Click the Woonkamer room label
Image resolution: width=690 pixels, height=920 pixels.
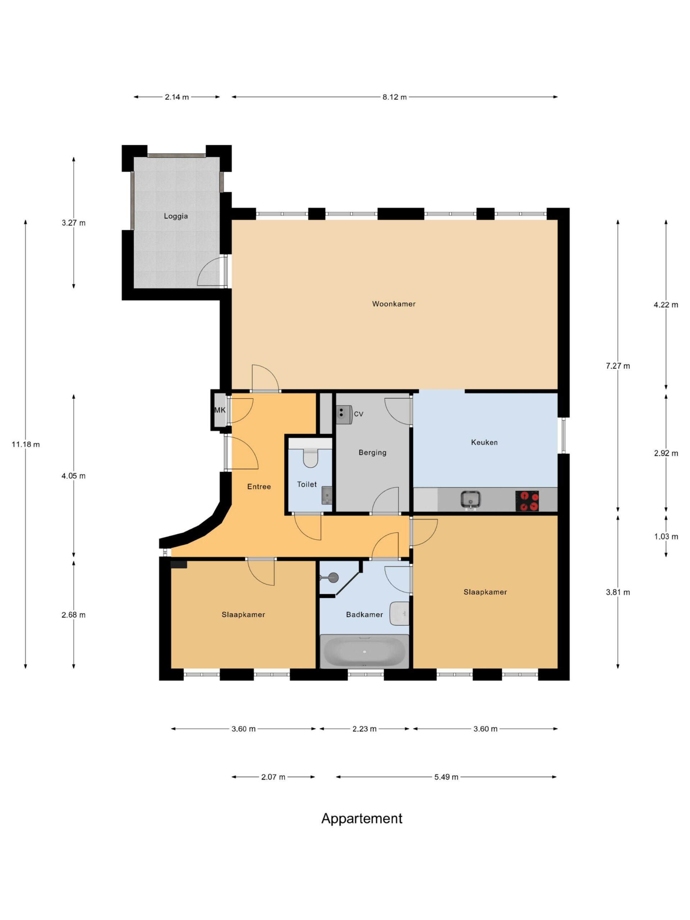point(394,304)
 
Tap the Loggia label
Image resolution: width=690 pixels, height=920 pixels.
point(175,216)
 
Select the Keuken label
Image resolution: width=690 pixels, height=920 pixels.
point(484,442)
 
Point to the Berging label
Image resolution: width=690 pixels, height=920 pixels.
point(372,452)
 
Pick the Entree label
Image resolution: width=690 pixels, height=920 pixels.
point(259,487)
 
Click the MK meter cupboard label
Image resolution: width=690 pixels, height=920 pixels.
point(220,410)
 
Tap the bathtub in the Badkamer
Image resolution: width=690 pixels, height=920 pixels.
point(364,651)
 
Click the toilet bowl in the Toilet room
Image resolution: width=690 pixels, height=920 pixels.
point(310,458)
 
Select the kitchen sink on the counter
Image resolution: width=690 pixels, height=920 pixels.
point(470,500)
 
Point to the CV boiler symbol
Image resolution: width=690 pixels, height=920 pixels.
point(344,415)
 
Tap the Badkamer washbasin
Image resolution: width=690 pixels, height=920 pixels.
point(399,613)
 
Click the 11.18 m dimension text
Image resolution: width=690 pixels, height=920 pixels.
point(26,445)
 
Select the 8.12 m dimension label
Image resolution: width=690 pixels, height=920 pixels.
point(394,97)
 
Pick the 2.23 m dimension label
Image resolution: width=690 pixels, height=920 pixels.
point(364,729)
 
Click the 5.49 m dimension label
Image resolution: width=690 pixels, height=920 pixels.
point(446,777)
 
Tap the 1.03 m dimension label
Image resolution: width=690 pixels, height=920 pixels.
point(666,537)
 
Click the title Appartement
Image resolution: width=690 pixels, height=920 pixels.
point(362,819)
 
